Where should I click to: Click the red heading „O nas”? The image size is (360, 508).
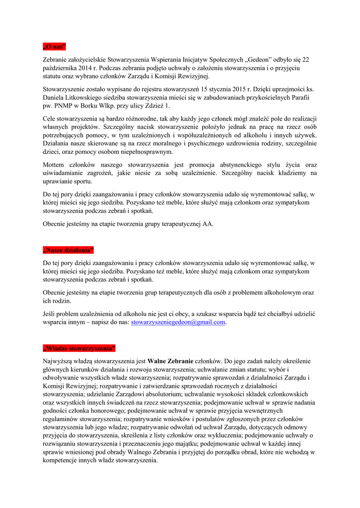click(54, 47)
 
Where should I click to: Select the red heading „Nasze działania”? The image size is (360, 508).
click(68, 250)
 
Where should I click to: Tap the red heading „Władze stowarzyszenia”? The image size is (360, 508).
click(79, 347)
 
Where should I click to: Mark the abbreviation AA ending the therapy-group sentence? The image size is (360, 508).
click(208, 224)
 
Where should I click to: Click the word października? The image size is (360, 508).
click(61, 68)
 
